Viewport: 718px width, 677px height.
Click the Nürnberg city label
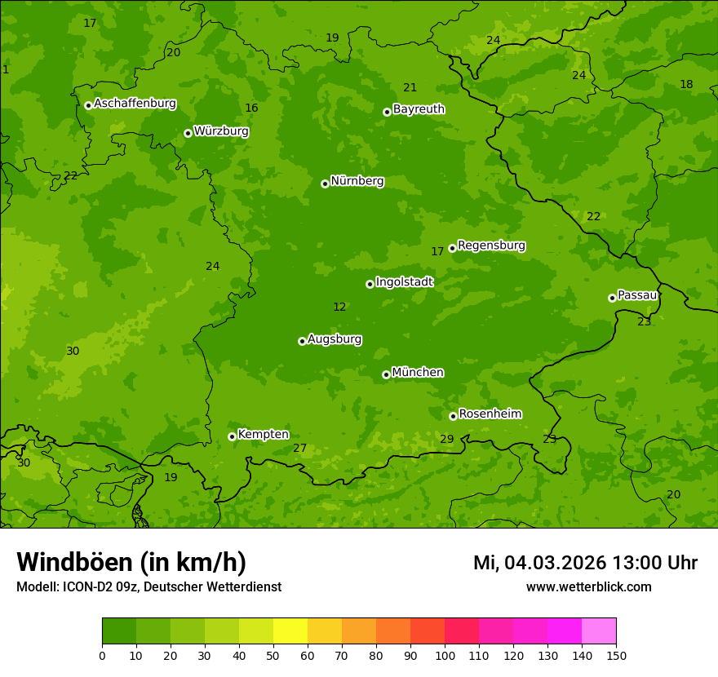pyautogui.click(x=357, y=181)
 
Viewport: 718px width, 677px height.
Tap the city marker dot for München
pyautogui.click(x=386, y=374)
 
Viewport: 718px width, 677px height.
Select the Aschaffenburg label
pyautogui.click(x=135, y=104)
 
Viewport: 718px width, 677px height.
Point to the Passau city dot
pyautogui.click(x=612, y=298)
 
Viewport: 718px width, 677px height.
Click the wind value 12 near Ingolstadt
pyautogui.click(x=339, y=308)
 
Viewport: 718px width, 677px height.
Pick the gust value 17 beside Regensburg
pyautogui.click(x=437, y=252)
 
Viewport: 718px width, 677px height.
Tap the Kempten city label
pyautogui.click(x=263, y=435)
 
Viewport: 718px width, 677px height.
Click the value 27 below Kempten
pyautogui.click(x=299, y=449)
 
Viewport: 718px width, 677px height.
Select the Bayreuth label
pyautogui.click(x=419, y=109)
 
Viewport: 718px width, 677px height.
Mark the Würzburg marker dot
pyautogui.click(x=188, y=133)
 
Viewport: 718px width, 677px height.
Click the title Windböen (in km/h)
pyautogui.click(x=131, y=562)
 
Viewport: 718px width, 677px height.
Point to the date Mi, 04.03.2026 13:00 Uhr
pyautogui.click(x=585, y=563)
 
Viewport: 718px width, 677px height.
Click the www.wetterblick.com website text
pyautogui.click(x=588, y=587)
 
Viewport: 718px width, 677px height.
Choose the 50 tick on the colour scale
pyautogui.click(x=273, y=655)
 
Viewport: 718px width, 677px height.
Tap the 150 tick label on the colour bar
pyautogui.click(x=616, y=655)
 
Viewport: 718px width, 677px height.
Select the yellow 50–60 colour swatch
pyautogui.click(x=290, y=631)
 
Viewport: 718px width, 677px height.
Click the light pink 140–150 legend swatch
pyautogui.click(x=599, y=631)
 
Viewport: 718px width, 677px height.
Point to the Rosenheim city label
pyautogui.click(x=490, y=414)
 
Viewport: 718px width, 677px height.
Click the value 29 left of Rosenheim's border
pyautogui.click(x=446, y=440)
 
